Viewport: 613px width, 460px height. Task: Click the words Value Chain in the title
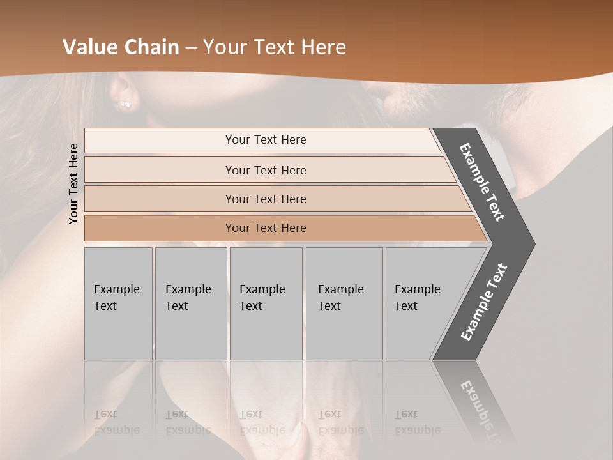121,47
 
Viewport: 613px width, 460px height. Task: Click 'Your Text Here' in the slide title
275,47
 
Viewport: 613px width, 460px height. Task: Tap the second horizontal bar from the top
265,170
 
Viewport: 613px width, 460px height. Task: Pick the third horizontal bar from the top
265,199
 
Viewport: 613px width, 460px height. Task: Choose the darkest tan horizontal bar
265,228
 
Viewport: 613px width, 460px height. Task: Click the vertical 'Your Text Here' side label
73,183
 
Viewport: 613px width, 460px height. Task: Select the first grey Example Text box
118,303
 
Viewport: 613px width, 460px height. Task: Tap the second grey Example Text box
190,303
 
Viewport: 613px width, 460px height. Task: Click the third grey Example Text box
266,303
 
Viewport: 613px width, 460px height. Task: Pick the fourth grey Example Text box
344,303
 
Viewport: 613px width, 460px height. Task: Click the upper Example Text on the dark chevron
482,181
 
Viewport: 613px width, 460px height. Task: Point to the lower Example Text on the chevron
484,302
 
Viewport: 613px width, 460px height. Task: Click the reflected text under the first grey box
116,422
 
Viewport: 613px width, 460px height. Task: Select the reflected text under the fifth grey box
417,422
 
